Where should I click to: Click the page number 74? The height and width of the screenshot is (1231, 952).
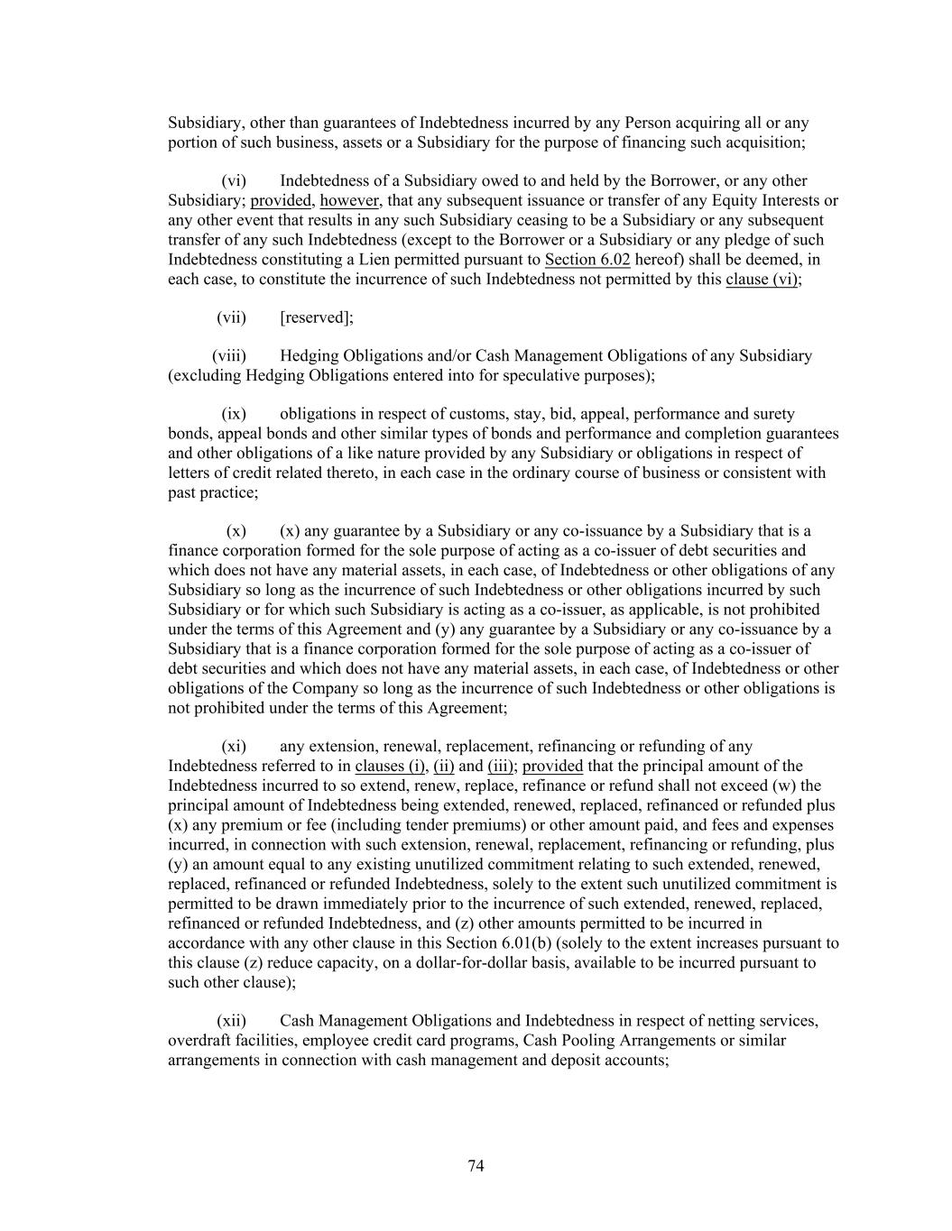pos(476,1166)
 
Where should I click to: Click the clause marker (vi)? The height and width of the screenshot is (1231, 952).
pos(234,181)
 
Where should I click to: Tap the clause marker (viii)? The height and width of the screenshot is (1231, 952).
pos(229,356)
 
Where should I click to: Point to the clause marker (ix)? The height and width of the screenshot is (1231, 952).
pos(234,414)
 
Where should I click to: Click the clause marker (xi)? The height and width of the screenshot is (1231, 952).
pos(234,747)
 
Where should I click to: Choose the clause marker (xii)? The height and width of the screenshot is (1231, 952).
pos(231,1021)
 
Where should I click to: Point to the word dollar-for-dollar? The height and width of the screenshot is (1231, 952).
pos(462,963)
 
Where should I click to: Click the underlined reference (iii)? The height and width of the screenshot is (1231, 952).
pos(501,767)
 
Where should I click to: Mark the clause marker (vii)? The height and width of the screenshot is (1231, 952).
pos(231,317)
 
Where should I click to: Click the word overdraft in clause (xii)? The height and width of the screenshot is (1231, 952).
pos(199,1041)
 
